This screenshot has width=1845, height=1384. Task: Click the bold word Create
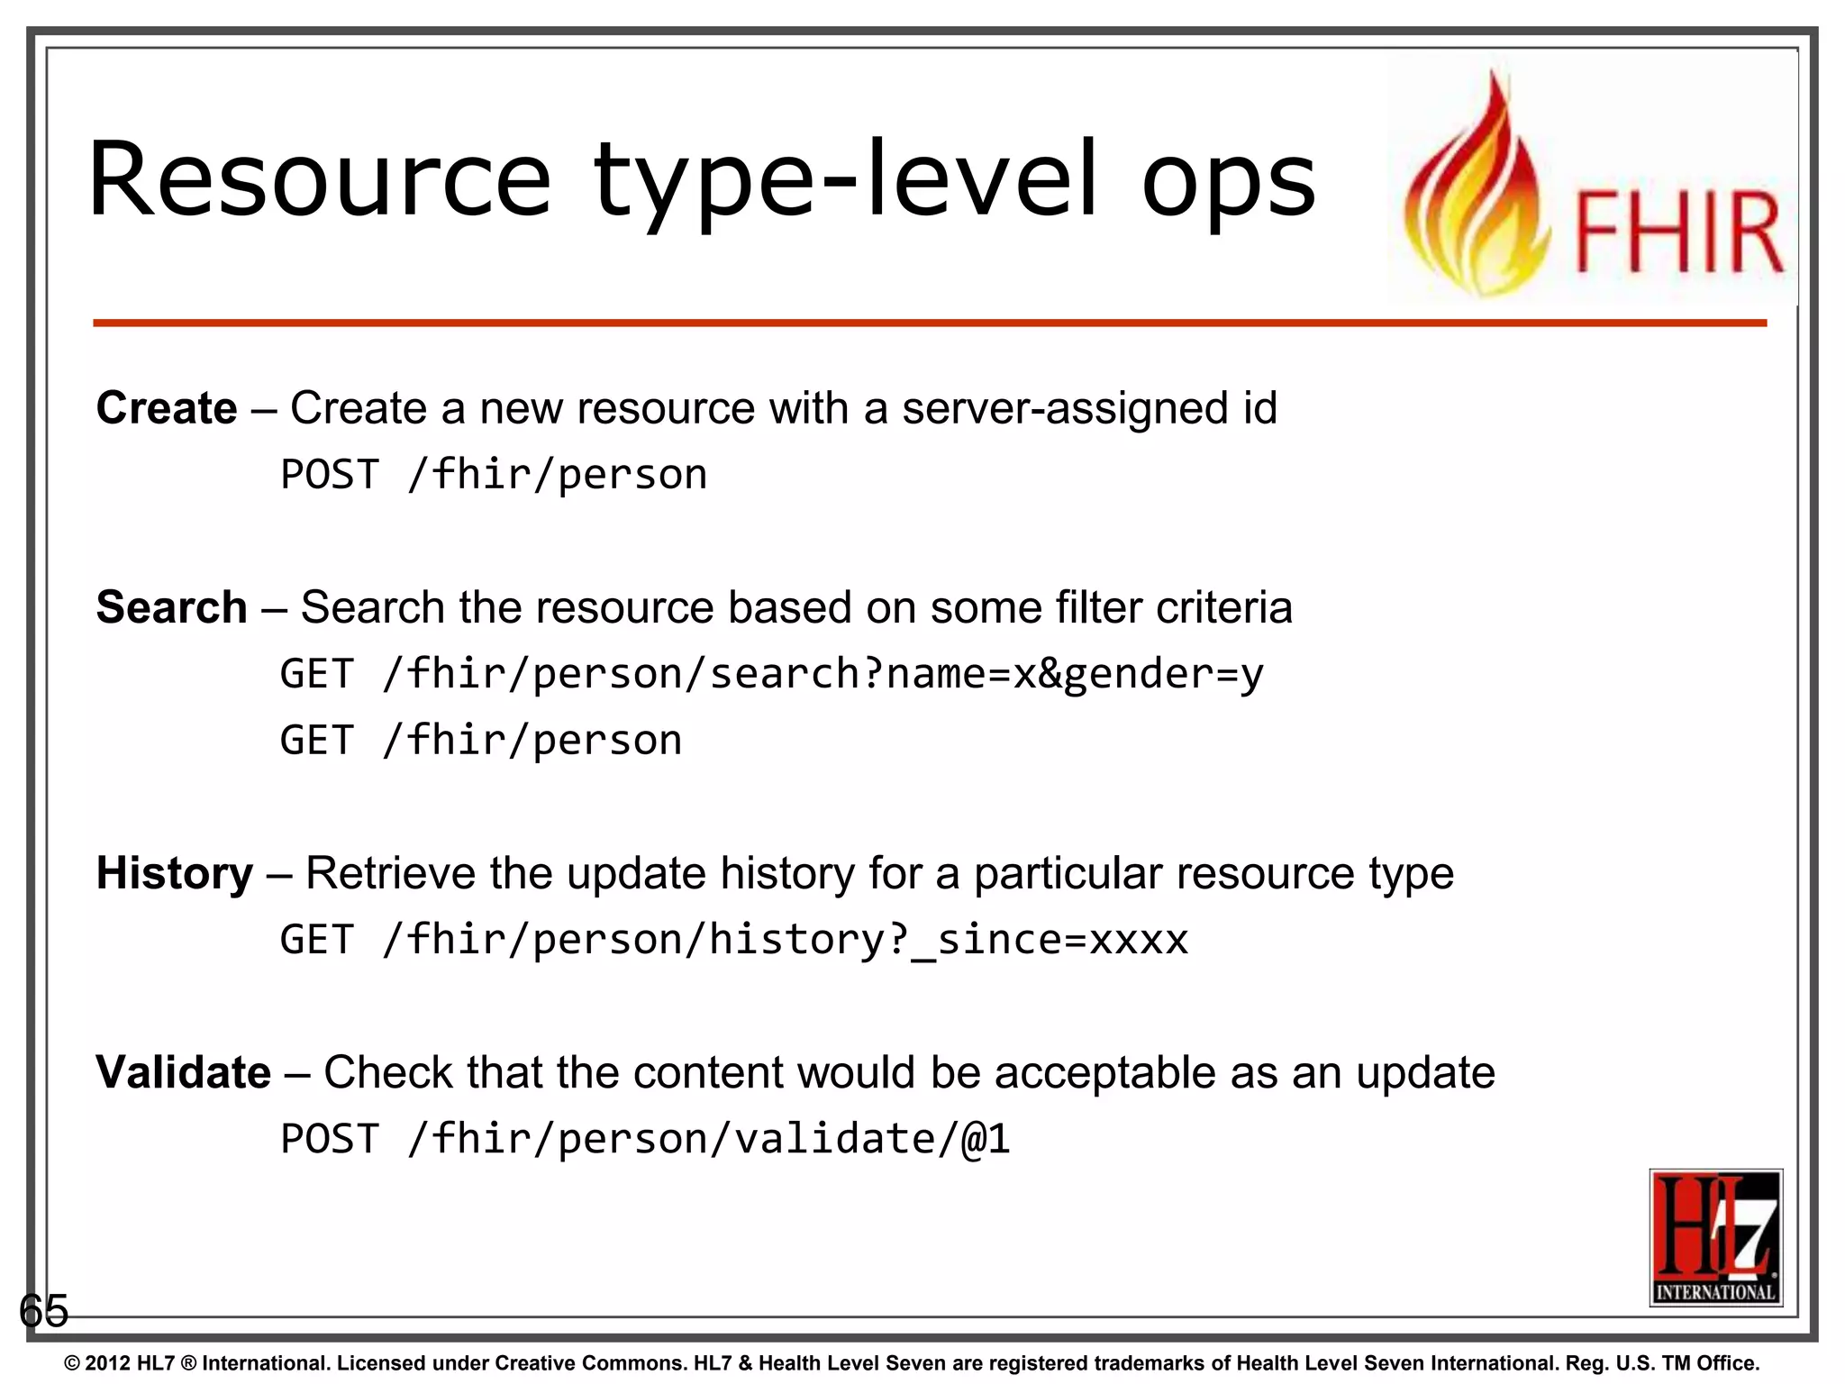tap(167, 408)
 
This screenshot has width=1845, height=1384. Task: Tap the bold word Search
tap(171, 607)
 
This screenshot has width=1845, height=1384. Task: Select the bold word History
tap(175, 873)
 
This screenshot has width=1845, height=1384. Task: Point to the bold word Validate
tap(183, 1072)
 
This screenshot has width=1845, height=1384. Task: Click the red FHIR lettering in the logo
tap(1678, 232)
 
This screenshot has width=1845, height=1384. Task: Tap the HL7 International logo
tap(1715, 1237)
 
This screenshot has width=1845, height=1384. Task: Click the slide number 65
tap(43, 1310)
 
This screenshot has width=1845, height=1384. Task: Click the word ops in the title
tap(1229, 183)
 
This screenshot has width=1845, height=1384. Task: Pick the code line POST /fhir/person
tap(494, 475)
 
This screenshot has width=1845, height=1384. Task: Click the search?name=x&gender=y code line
tap(771, 674)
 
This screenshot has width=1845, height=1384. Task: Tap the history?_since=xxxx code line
tap(733, 940)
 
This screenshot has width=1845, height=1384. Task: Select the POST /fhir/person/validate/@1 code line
tap(645, 1139)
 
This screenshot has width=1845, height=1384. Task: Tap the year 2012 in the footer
tap(108, 1363)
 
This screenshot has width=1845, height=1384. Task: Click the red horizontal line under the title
tap(928, 323)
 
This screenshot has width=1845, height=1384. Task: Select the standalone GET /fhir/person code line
tap(481, 741)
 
